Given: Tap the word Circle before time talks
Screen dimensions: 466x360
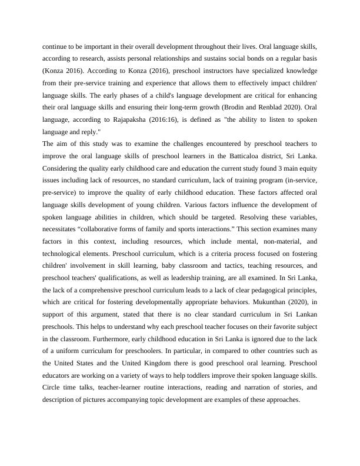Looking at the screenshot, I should (x=53, y=387).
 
